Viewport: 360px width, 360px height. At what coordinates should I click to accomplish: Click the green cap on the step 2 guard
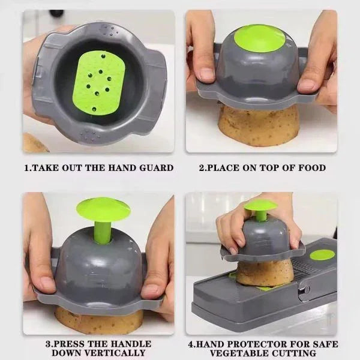click(x=259, y=38)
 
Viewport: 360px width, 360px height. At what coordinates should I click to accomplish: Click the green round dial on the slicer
click(x=322, y=254)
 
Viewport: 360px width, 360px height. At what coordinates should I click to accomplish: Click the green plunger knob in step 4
click(x=260, y=206)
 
